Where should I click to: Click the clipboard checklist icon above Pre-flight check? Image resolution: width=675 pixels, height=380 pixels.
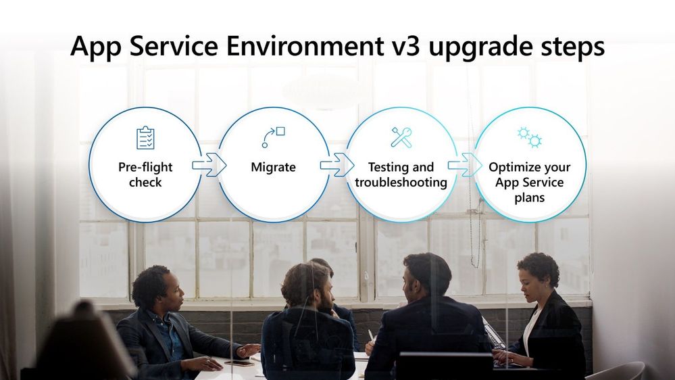[145, 138]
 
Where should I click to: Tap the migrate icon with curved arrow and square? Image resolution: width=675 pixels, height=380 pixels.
[274, 137]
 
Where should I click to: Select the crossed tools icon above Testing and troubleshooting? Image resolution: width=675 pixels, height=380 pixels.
[401, 137]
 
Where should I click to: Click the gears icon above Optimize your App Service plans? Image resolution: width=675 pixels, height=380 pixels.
[530, 137]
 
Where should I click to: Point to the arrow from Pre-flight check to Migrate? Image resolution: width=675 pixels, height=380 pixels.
[209, 165]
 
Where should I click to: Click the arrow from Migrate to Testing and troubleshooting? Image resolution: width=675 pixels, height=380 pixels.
[337, 165]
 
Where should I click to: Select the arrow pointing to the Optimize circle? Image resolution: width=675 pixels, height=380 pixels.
[465, 165]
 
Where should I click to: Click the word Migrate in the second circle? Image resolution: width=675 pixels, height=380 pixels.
[274, 167]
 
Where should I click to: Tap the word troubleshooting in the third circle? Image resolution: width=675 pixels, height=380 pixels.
[401, 183]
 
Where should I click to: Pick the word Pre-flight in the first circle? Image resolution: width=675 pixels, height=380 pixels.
[145, 167]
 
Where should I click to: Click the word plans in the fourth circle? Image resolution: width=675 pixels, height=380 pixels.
[530, 198]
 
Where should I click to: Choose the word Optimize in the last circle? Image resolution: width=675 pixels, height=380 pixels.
[510, 167]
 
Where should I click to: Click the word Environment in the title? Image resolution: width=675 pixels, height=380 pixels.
[305, 46]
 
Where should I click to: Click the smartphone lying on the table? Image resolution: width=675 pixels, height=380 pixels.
[239, 363]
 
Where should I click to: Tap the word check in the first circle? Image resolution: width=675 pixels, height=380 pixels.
[145, 183]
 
